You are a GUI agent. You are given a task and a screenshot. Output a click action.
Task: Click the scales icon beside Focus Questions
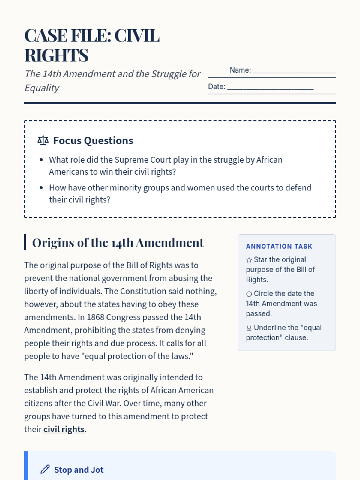pos(43,140)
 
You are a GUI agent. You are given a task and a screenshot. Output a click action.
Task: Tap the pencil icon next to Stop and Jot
pos(45,469)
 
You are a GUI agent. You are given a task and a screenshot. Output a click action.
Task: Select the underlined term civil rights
pos(64,429)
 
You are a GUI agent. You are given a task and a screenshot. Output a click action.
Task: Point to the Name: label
pos(240,70)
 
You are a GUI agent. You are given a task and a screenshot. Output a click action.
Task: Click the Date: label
pos(217,87)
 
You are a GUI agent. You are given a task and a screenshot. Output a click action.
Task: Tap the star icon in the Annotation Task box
pos(249,260)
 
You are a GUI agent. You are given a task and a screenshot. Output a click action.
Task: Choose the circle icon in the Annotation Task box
pos(249,294)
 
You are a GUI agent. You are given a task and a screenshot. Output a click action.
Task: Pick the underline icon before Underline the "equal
pos(249,328)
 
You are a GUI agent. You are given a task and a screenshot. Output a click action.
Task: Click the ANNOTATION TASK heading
pos(279,247)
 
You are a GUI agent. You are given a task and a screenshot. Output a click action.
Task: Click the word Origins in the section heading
pos(53,243)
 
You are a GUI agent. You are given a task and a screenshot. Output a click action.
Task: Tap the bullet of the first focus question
pos(41,160)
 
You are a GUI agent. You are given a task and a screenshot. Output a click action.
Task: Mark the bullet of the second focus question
pos(41,188)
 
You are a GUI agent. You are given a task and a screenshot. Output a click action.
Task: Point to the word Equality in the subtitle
pos(42,88)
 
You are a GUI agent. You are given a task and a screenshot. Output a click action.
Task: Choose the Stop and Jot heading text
pos(79,469)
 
